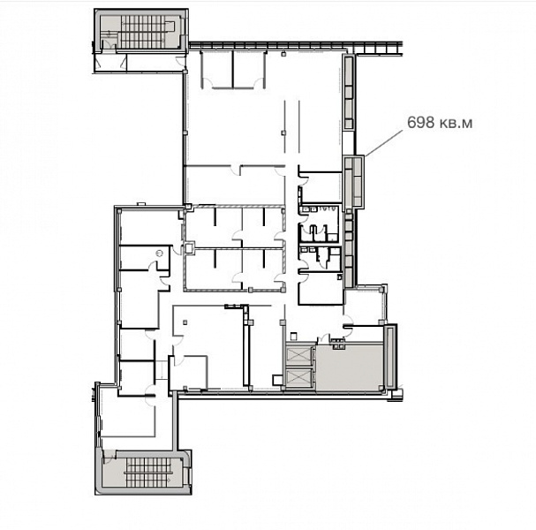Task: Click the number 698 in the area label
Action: pos(420,122)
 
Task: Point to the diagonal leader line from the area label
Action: pos(384,143)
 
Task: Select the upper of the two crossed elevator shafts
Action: pos(298,354)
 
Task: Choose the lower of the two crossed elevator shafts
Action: pos(298,377)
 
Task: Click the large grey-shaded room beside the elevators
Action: pos(349,367)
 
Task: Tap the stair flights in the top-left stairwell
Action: pos(143,32)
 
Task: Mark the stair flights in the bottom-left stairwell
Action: pos(148,473)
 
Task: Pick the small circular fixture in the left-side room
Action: pos(159,253)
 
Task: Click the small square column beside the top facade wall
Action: pos(283,54)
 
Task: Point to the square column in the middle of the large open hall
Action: pos(283,132)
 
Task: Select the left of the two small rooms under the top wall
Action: pos(217,70)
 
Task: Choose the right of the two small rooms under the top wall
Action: pos(249,70)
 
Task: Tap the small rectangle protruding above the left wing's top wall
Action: pos(141,204)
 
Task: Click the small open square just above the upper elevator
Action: pos(293,337)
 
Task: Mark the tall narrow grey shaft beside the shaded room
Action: pos(389,358)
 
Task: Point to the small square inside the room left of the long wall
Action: pos(185,322)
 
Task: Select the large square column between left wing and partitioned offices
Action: pos(189,247)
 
